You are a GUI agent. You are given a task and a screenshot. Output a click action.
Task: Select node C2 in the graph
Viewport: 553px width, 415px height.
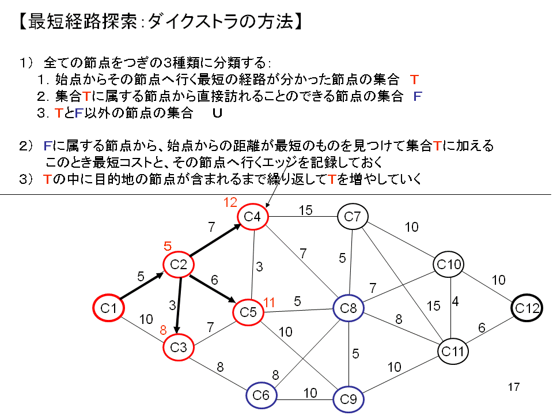tap(178, 265)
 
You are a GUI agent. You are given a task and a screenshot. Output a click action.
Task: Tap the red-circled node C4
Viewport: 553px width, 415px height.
tap(253, 217)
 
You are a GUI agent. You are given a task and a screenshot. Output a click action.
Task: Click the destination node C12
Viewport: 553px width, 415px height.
tap(527, 308)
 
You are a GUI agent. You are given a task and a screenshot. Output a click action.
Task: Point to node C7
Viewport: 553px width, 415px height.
tap(353, 217)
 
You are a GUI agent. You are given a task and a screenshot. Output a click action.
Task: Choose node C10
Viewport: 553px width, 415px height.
tap(449, 265)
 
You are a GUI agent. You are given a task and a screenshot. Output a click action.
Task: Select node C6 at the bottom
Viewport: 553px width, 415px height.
tap(262, 395)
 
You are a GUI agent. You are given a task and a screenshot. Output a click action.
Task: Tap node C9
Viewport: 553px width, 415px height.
tap(349, 398)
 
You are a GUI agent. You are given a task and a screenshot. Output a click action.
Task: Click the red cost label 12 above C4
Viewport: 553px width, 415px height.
tap(230, 202)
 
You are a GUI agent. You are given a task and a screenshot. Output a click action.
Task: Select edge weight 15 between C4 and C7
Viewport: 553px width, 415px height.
tap(305, 211)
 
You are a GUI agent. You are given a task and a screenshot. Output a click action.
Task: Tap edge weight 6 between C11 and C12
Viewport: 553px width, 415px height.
tap(482, 327)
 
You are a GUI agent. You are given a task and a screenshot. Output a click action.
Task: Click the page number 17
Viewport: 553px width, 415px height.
tap(514, 387)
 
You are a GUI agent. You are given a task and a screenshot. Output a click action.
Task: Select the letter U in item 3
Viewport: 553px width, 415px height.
tap(217, 113)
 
